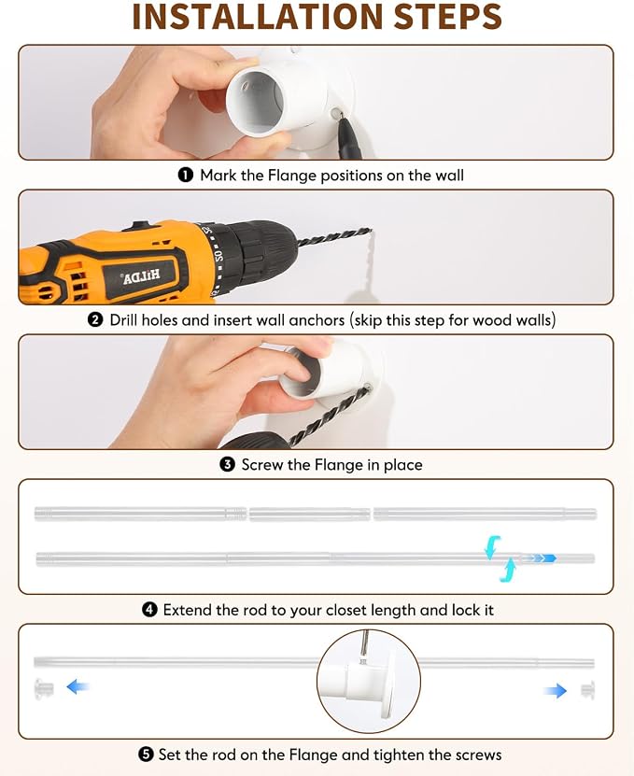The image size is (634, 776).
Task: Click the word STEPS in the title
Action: point(448,16)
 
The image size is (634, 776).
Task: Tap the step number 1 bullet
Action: point(186,176)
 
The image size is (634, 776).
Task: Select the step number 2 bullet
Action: point(95,319)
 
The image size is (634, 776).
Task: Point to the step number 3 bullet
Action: point(227,465)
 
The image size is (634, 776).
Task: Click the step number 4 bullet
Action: point(149,610)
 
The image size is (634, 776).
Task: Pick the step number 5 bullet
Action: point(146,755)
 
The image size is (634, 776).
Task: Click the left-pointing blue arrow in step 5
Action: point(77,687)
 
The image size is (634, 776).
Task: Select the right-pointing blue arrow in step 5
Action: point(555,690)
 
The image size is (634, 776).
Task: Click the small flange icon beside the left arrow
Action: point(44,688)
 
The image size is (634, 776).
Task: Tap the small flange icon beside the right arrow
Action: point(587,690)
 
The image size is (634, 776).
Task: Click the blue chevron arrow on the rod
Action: point(541,558)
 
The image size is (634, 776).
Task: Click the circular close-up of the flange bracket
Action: point(369,681)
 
